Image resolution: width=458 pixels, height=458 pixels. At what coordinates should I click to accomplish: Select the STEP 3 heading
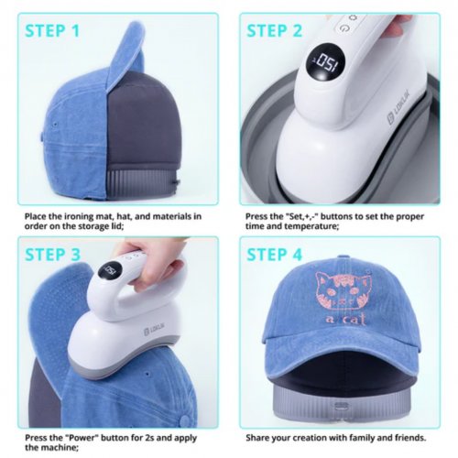pos(53,254)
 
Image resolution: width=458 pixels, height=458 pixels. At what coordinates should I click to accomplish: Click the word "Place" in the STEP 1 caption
pos(38,216)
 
